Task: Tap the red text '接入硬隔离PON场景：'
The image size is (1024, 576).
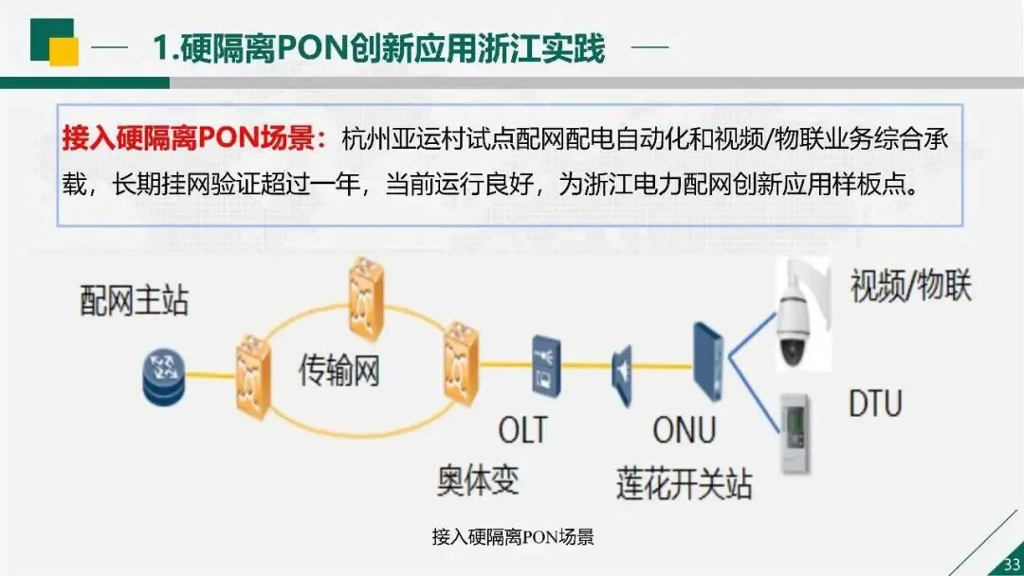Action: [x=194, y=140]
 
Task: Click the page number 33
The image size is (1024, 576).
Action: [x=1010, y=565]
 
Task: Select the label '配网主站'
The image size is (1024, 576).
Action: [x=134, y=300]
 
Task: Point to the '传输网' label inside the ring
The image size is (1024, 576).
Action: [x=339, y=370]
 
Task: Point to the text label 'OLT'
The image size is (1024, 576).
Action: [x=523, y=429]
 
